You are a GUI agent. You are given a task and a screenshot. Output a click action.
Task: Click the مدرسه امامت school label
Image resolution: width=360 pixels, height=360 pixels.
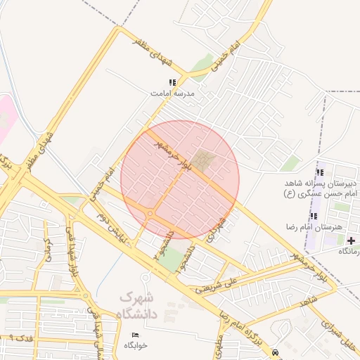172,93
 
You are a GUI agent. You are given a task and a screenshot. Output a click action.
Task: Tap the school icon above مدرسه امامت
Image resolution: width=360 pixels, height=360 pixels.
172,83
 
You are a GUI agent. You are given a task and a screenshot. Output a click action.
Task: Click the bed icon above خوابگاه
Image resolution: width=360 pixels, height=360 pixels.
135,335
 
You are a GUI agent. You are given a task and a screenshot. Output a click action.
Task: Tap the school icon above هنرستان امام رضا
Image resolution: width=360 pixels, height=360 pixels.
314,215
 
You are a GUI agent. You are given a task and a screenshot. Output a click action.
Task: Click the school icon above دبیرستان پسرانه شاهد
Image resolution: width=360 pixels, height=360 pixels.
320,173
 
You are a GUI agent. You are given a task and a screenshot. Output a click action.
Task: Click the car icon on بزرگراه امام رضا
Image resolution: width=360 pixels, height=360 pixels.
274,352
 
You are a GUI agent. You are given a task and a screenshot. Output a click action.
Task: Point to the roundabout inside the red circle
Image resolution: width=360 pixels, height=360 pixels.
150,214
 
